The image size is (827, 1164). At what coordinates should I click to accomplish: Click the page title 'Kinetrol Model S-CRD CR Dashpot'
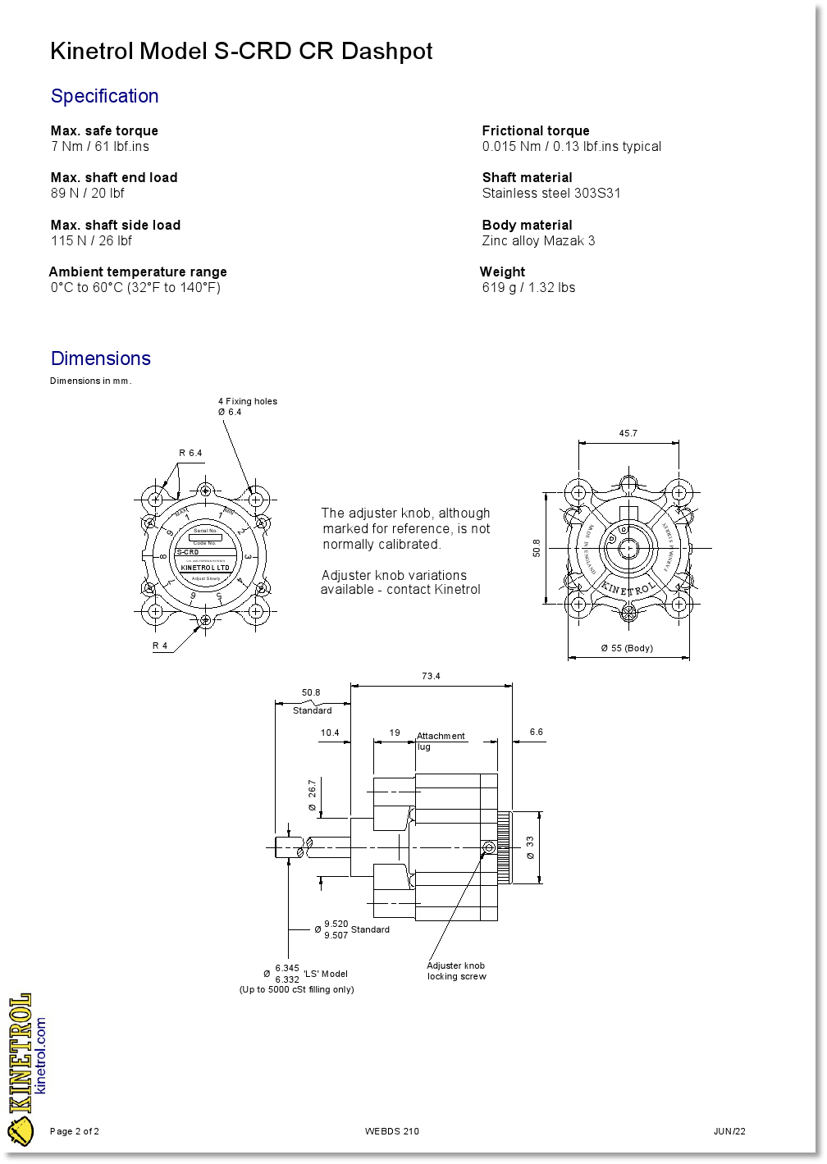pos(241,51)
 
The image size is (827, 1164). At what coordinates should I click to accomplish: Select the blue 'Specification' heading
pos(105,96)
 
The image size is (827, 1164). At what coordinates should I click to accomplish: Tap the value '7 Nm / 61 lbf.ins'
pos(100,147)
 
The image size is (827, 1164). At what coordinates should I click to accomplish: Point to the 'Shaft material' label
pos(527,177)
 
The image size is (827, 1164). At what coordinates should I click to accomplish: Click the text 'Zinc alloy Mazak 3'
pos(538,240)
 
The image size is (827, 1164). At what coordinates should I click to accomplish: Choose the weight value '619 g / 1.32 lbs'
pos(528,287)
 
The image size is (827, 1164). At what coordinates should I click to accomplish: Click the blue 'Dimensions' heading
pos(101,358)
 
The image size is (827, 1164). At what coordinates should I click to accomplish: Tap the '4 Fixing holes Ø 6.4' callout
pos(247,406)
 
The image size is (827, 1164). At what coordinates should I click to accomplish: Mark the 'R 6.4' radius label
pos(190,453)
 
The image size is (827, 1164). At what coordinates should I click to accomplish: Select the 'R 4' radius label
pos(160,646)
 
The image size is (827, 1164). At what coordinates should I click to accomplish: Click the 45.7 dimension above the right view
pos(628,433)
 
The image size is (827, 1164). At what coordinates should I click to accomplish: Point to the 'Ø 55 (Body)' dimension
pos(627,648)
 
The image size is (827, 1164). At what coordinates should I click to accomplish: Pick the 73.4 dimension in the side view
pos(431,676)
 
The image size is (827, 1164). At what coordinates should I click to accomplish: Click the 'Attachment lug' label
pos(441,741)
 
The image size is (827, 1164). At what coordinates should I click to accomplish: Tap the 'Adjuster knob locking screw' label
pos(456,971)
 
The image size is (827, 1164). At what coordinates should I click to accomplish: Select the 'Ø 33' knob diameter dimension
pos(530,848)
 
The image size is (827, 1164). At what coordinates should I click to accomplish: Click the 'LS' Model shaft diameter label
pos(325,974)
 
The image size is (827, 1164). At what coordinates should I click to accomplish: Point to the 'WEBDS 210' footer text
pos(391,1131)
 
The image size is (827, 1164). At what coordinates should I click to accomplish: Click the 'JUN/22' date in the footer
pos(729,1131)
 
